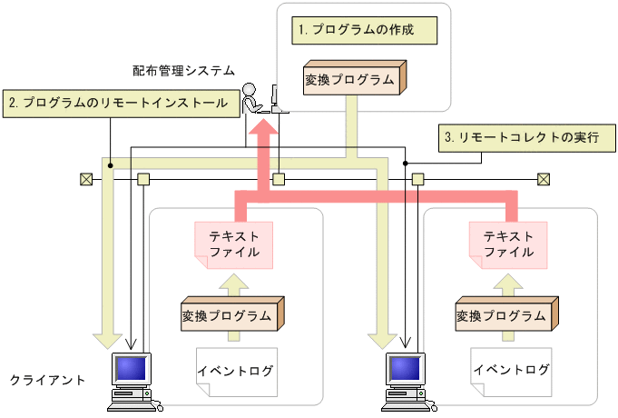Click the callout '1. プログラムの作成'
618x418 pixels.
363,30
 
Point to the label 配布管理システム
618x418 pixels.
183,70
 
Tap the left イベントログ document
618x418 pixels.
234,371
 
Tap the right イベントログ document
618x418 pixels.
509,370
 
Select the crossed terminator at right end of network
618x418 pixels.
543,179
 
